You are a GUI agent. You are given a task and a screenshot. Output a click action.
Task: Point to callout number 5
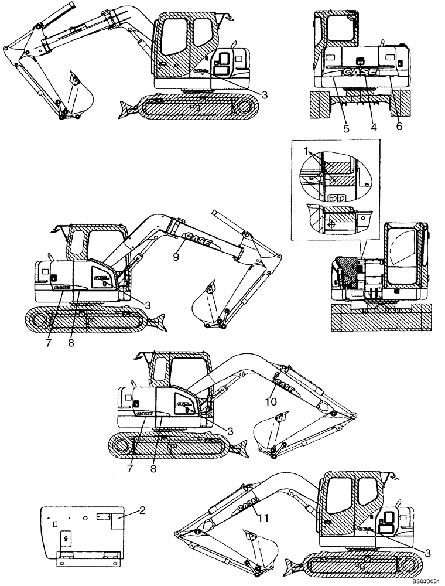pyautogui.click(x=346, y=127)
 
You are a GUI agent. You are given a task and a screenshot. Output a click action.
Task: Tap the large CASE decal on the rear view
pyautogui.click(x=360, y=73)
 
